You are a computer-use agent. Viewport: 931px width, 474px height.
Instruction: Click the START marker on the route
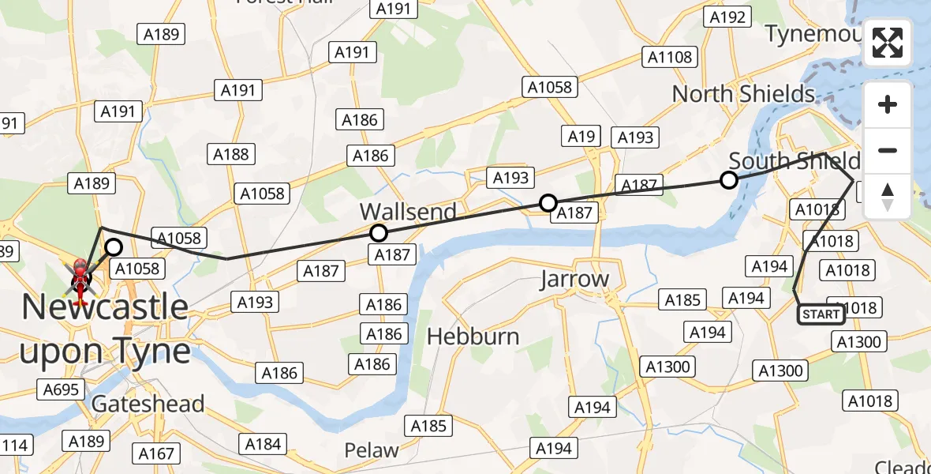[821, 314]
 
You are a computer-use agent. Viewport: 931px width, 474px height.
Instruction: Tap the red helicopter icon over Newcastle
[80, 278]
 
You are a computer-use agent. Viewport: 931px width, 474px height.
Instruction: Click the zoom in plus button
[888, 104]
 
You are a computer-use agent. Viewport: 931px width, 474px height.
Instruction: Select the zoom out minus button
[888, 150]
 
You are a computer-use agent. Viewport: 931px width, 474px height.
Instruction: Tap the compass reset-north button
[888, 197]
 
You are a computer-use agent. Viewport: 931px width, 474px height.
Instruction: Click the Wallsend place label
[408, 212]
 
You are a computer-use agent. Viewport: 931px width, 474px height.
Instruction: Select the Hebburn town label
[473, 337]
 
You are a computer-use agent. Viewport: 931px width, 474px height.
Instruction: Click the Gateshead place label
[148, 404]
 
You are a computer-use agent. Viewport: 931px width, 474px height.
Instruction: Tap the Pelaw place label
[371, 450]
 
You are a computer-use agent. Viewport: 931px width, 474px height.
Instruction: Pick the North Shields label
[743, 94]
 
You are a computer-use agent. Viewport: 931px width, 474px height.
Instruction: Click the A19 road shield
[581, 137]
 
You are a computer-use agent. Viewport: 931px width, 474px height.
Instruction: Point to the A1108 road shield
[670, 57]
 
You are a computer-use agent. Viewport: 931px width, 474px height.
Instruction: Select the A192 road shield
[727, 17]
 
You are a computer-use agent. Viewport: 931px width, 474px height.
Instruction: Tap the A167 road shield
[156, 453]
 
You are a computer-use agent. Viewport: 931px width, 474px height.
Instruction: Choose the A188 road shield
[230, 154]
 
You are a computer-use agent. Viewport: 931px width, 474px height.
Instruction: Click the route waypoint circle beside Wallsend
[379, 233]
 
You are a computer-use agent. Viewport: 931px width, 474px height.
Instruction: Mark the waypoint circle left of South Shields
[729, 180]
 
